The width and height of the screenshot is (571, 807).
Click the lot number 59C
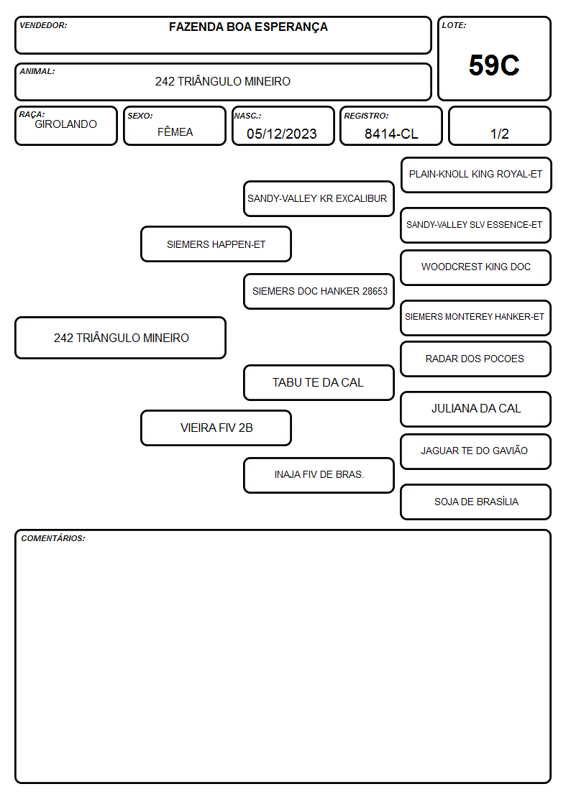(494, 65)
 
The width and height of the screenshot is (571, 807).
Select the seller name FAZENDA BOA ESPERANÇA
(248, 27)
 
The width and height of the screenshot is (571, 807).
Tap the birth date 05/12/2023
(282, 134)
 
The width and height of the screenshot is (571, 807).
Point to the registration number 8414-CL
(391, 134)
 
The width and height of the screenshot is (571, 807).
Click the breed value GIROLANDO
(65, 124)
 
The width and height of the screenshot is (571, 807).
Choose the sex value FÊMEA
(175, 132)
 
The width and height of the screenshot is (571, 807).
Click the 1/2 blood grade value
(499, 134)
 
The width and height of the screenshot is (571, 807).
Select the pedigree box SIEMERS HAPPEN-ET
(216, 244)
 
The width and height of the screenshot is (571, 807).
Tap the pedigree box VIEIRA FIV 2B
(216, 428)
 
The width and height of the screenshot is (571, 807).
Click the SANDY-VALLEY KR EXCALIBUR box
(319, 198)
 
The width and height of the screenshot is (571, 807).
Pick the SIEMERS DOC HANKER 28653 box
(319, 291)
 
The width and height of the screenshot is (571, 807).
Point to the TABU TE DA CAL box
(319, 383)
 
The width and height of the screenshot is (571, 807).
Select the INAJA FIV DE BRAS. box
(319, 475)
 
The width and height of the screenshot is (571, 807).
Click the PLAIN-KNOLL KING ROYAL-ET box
(476, 175)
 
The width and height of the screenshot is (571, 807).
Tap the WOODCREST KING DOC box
(476, 267)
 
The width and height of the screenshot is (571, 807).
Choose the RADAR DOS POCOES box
(476, 359)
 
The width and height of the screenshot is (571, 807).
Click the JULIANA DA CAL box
(476, 409)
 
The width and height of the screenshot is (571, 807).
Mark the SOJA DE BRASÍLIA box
(476, 502)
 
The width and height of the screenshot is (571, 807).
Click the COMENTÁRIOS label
(53, 538)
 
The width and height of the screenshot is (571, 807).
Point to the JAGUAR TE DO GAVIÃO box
(476, 451)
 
